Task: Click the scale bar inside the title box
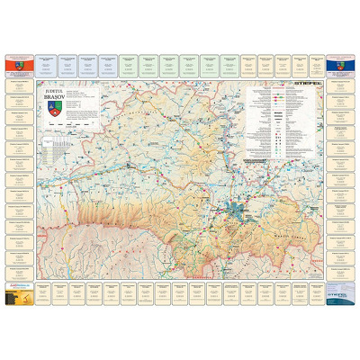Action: click(x=71, y=124)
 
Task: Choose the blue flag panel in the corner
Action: click(x=339, y=66)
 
